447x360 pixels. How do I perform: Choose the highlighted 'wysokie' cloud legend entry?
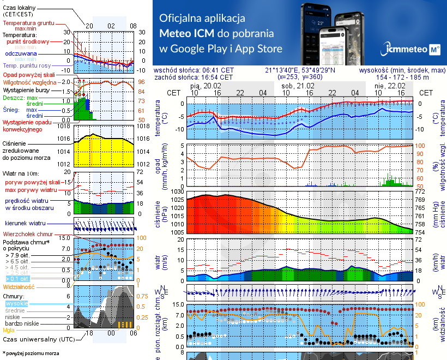tap(15, 303)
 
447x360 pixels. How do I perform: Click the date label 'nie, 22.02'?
tap(392, 86)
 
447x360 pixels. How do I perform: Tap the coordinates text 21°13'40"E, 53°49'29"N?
tap(300, 70)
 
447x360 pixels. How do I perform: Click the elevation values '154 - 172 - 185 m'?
tap(402, 77)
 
